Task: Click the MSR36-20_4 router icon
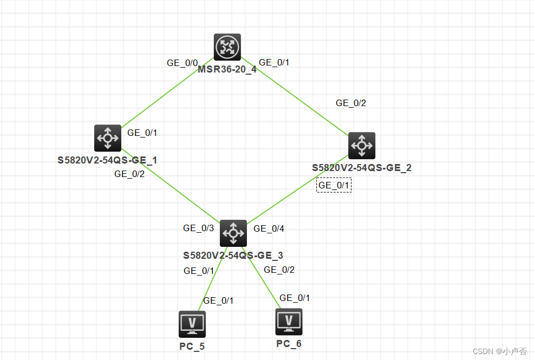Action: [227, 47]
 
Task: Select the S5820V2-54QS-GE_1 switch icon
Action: [108, 138]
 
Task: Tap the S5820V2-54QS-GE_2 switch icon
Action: [361, 146]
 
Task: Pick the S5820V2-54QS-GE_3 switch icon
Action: [233, 233]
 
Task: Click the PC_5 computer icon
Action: [192, 324]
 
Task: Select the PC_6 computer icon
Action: [289, 322]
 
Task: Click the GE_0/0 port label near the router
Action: [182, 63]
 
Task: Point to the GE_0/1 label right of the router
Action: [274, 62]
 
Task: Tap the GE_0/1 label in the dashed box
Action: [334, 185]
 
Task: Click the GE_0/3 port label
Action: [199, 228]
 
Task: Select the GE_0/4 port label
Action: [269, 228]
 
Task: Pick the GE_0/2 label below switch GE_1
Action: [129, 174]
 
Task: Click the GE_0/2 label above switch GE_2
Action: [351, 103]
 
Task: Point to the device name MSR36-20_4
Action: [227, 69]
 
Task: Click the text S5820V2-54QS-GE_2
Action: [362, 168]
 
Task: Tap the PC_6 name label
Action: [289, 344]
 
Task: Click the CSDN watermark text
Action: [499, 351]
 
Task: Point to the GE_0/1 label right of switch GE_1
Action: [142, 133]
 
